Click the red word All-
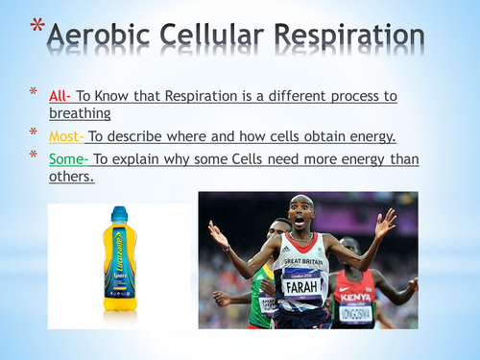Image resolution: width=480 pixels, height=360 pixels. coord(62,96)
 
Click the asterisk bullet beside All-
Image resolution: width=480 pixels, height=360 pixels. coord(33,94)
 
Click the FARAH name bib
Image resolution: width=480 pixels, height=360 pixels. coord(300,287)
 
